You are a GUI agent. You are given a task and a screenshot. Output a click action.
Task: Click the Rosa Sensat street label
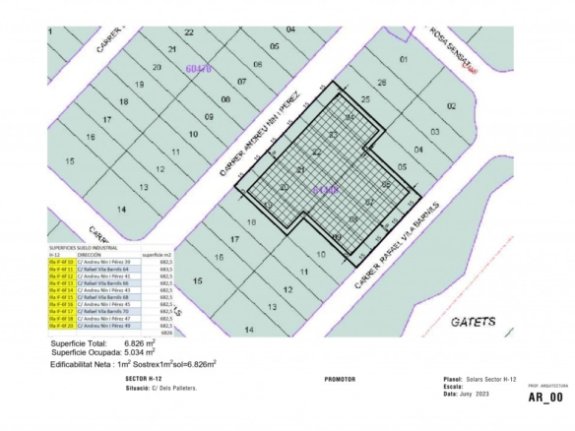point(452,50)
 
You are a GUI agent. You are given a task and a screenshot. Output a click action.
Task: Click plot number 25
point(365,99)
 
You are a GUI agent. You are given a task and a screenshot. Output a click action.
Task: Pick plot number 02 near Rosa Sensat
point(451,105)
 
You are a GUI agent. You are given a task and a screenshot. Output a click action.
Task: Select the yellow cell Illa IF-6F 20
point(62,326)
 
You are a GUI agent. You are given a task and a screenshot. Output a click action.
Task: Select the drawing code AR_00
point(545,398)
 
